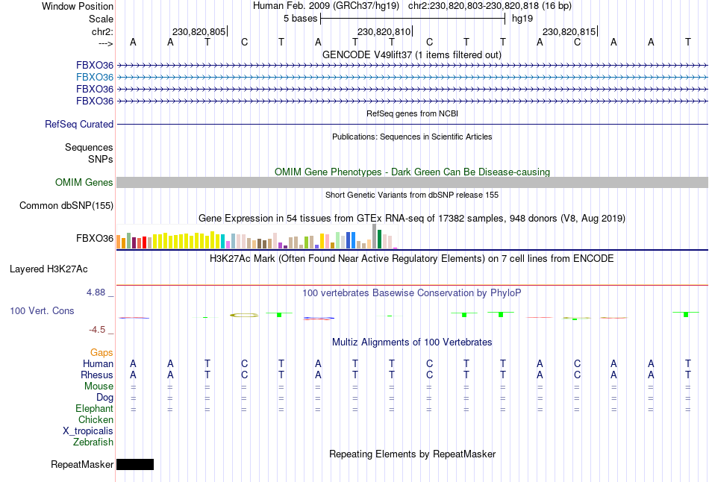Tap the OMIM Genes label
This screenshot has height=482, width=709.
(x=84, y=183)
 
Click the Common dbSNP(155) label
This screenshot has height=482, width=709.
(x=66, y=205)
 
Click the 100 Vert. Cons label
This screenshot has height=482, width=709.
(x=42, y=310)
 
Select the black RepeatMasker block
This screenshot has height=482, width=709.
(x=135, y=464)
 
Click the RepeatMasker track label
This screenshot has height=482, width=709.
(x=82, y=465)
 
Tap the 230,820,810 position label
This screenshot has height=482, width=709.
(x=384, y=32)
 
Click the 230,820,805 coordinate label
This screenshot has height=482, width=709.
(x=199, y=32)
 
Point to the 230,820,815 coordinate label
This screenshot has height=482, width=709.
(x=569, y=32)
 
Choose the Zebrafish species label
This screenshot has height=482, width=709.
(x=93, y=442)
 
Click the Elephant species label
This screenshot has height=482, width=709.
(x=94, y=409)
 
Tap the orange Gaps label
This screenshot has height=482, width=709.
(x=101, y=352)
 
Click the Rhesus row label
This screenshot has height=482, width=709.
(x=98, y=375)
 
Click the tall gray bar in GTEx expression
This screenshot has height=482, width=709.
(x=375, y=237)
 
